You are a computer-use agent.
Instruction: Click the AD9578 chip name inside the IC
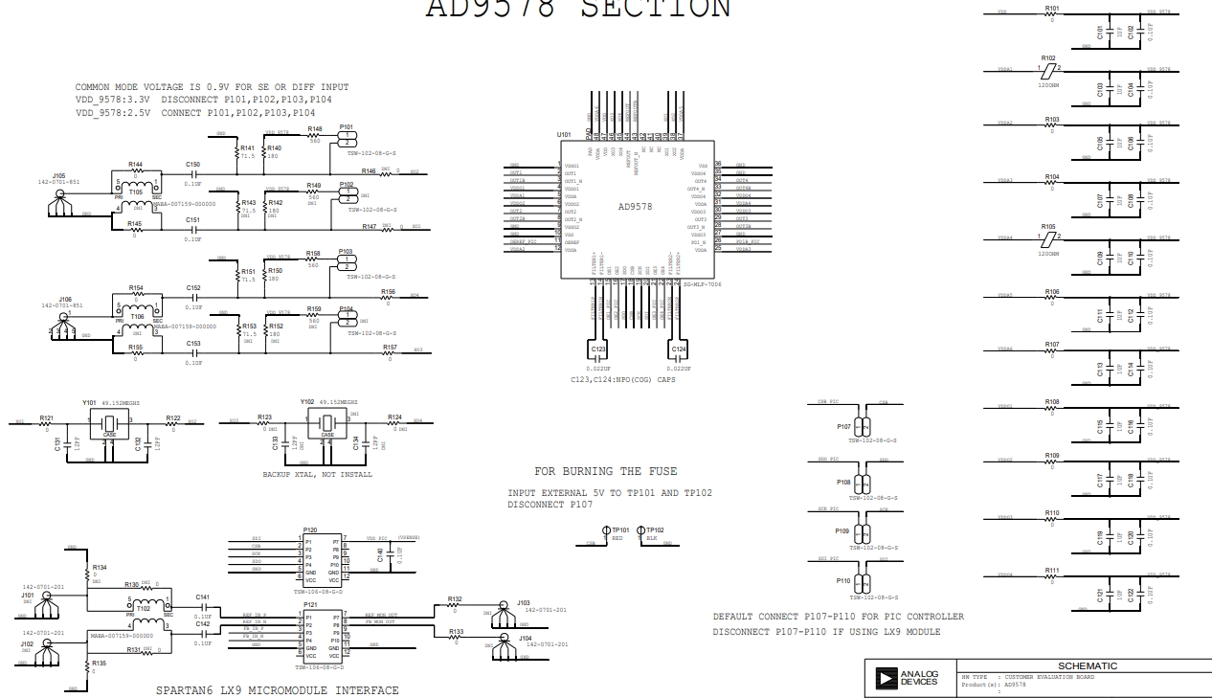coord(635,207)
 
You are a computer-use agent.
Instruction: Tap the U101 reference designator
coord(564,135)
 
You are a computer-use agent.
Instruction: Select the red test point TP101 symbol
coord(606,530)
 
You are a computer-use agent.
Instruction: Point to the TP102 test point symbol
coord(641,530)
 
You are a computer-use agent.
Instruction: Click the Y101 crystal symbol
coord(109,424)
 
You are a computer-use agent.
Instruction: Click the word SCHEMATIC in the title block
coord(1087,666)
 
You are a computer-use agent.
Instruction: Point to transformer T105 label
coord(136,192)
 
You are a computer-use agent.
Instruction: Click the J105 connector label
coord(58,176)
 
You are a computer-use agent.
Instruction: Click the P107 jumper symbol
coord(864,427)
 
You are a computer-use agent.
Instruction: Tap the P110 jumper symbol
coord(864,581)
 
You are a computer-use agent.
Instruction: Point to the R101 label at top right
coord(1052,9)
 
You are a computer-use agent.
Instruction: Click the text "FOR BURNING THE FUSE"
coord(605,471)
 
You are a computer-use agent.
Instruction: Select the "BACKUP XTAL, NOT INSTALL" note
coord(317,474)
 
